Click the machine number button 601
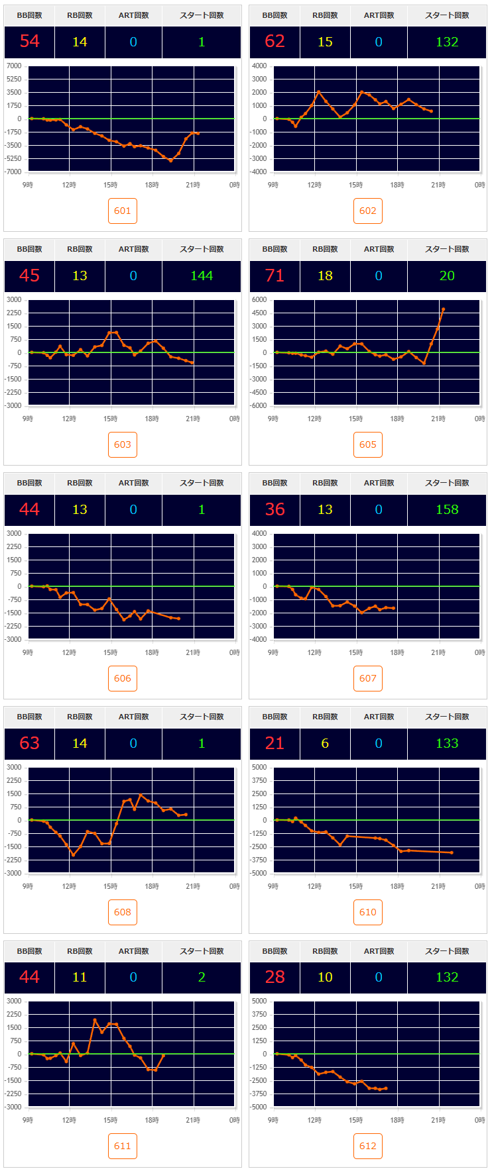tap(123, 211)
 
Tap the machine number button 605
tap(368, 444)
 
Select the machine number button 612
tap(368, 1146)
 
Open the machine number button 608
tap(123, 912)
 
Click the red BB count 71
tap(275, 276)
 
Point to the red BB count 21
tap(275, 743)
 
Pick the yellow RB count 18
tap(325, 276)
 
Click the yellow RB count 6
tap(325, 743)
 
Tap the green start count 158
tap(447, 509)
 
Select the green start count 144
tap(202, 276)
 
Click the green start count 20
tap(447, 276)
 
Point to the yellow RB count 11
tap(80, 977)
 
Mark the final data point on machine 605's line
tap(443, 309)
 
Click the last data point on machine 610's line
tap(452, 852)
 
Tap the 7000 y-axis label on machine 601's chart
tap(14, 66)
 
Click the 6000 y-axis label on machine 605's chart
tap(259, 300)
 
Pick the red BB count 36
tap(275, 509)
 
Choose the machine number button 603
tap(123, 444)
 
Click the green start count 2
tap(202, 977)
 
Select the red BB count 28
tap(275, 977)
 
